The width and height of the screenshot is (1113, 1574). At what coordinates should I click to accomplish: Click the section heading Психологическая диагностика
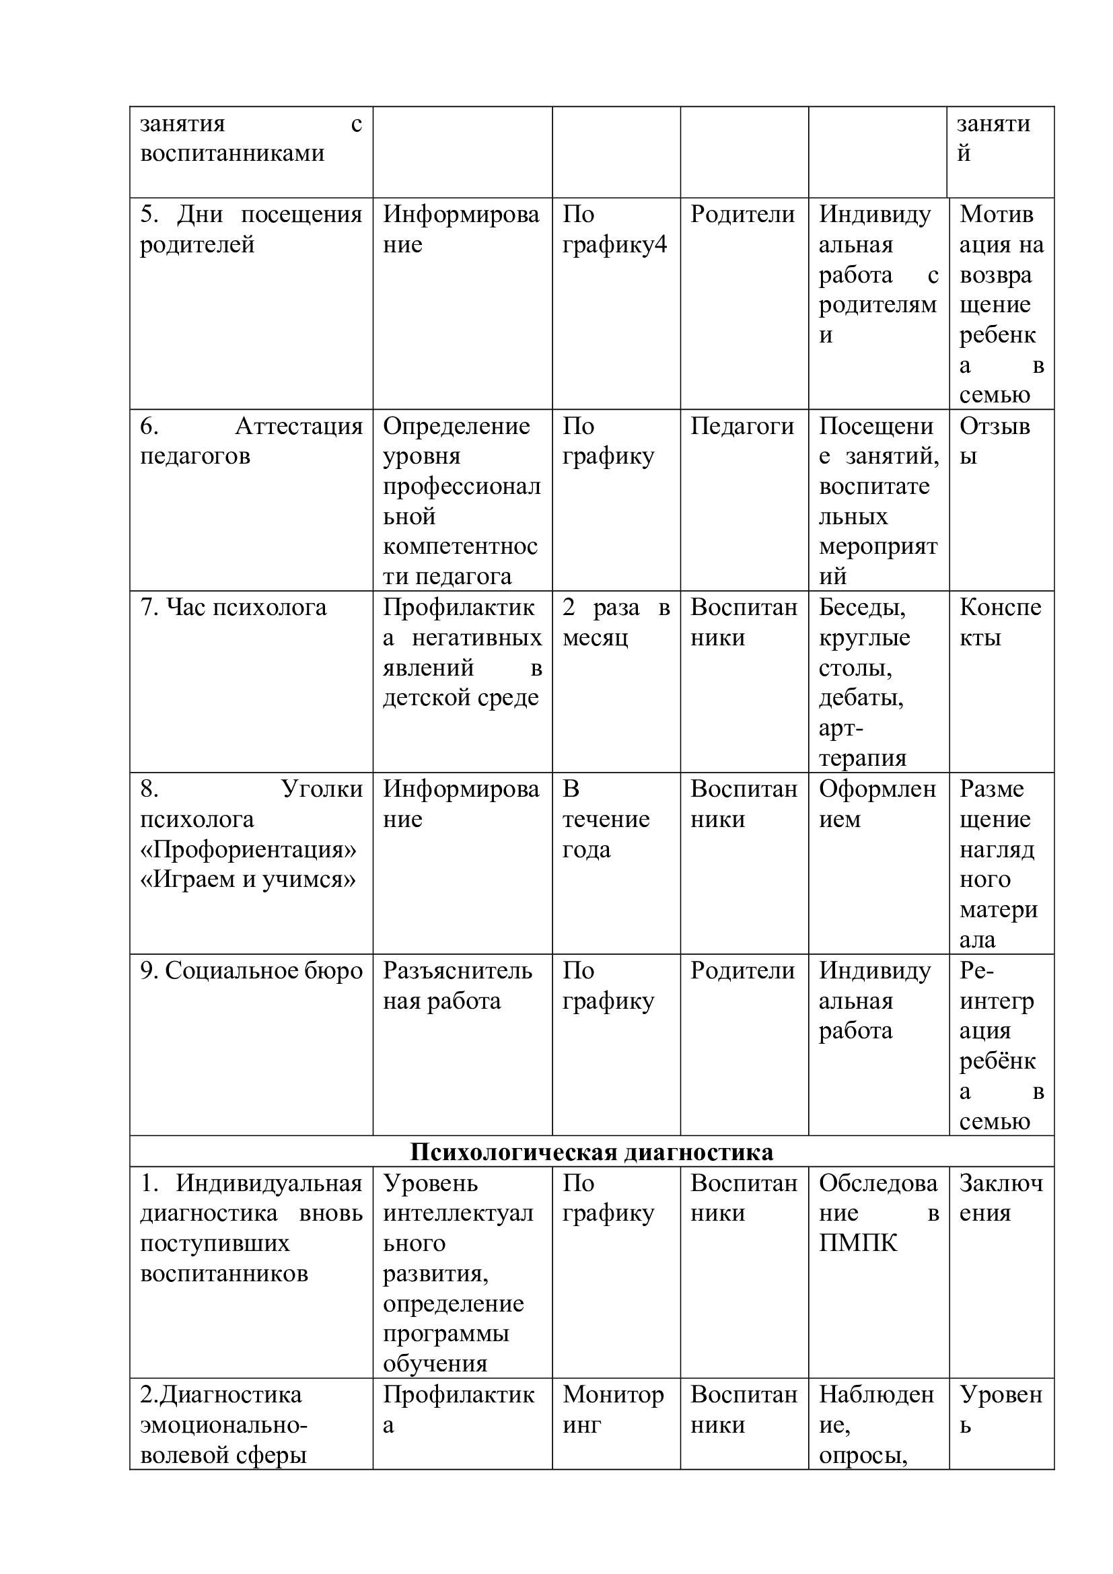click(x=591, y=1151)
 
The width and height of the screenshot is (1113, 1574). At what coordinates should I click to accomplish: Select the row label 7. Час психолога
click(x=233, y=608)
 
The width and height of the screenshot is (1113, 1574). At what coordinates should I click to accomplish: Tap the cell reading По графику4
click(x=614, y=229)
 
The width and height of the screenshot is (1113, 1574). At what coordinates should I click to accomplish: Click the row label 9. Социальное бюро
click(x=251, y=971)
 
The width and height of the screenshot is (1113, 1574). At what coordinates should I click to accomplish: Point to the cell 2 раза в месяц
click(x=616, y=622)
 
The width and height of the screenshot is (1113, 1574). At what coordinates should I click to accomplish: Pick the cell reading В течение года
click(x=605, y=818)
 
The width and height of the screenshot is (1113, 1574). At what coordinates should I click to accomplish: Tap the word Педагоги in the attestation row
click(x=742, y=427)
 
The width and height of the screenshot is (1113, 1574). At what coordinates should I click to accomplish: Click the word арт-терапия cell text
click(x=862, y=743)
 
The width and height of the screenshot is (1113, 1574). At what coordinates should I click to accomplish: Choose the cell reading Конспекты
click(x=1000, y=622)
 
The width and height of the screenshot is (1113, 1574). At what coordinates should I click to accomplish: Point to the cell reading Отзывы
click(x=995, y=441)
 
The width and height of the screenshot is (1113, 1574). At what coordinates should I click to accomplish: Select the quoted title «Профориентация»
click(x=248, y=849)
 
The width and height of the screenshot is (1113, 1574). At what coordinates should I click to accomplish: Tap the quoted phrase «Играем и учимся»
click(x=248, y=879)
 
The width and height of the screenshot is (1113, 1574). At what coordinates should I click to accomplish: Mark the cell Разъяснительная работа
click(x=457, y=986)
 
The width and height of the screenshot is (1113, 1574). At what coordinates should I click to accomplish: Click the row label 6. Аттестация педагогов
click(x=251, y=441)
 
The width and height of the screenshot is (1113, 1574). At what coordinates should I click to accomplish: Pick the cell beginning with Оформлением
click(x=877, y=804)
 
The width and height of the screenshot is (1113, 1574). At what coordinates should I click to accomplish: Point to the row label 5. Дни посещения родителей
click(x=251, y=229)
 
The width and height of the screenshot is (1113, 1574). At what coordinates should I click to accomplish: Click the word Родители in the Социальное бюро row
click(x=742, y=971)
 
